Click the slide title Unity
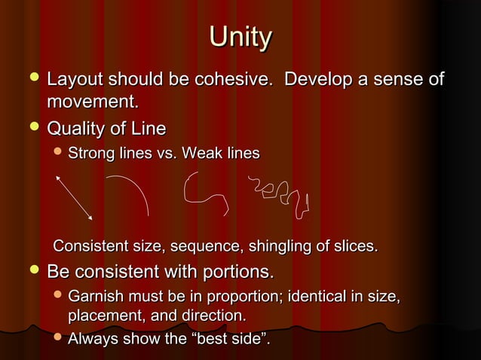tap(240, 37)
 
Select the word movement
tap(92, 100)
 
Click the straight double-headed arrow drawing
tap(74, 197)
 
